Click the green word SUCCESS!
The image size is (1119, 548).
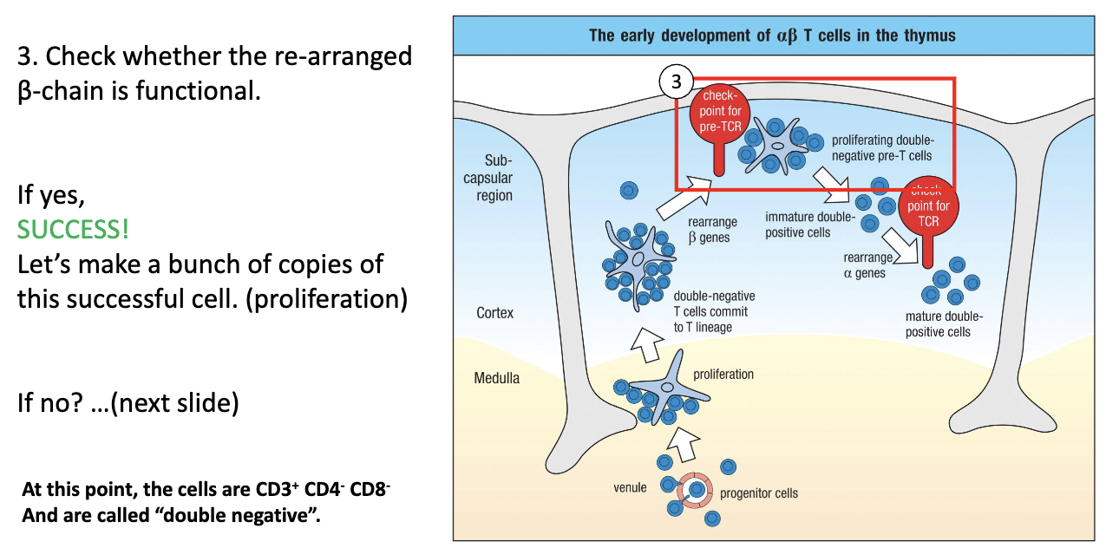pos(73,230)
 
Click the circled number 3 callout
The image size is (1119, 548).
pos(675,82)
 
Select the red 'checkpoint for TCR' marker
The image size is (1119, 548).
pos(928,207)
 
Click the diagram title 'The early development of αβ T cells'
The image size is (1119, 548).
pos(772,36)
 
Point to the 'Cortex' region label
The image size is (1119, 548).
pos(494,313)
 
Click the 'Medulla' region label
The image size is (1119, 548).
pos(496,378)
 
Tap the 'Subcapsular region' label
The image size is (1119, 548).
pos(494,178)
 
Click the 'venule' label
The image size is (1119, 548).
pos(630,487)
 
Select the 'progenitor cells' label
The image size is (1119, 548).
pos(759,493)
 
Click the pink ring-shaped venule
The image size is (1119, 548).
pos(694,490)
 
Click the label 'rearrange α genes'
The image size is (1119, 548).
pos(867,265)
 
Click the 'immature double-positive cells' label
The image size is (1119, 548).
pos(809,225)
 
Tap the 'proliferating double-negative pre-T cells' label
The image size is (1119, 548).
pos(882,147)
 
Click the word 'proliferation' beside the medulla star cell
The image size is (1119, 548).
pos(723,375)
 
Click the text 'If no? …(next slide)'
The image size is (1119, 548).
pos(128,403)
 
